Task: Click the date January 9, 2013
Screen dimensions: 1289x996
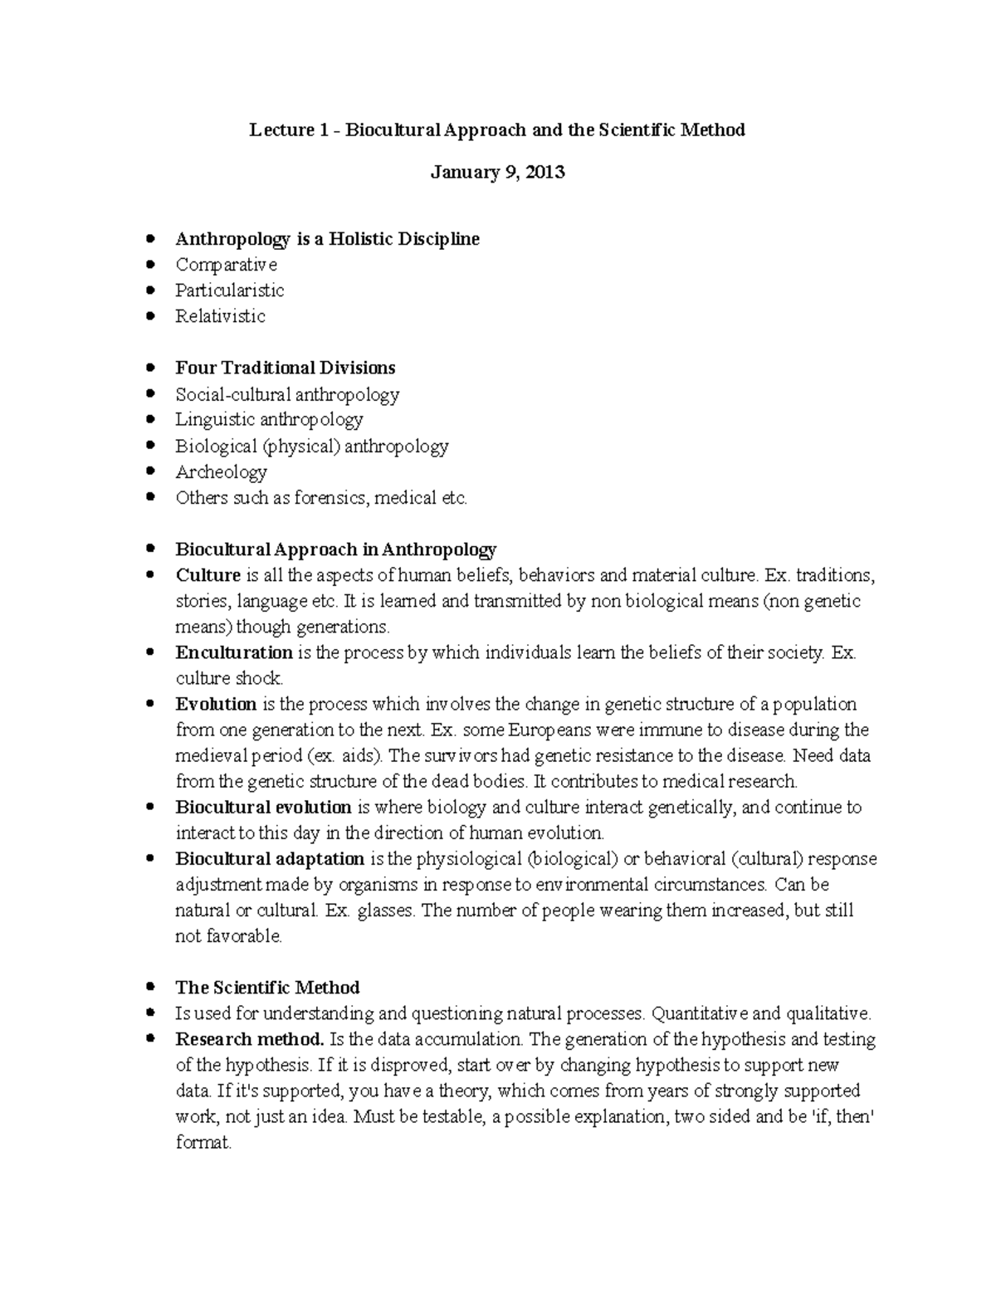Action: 498,173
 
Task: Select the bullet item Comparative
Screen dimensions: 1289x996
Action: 226,265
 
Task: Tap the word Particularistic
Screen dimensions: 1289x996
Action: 229,291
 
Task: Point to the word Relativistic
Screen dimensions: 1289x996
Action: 220,316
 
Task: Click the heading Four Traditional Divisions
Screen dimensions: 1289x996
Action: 285,368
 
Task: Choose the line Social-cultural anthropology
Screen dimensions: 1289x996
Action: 287,394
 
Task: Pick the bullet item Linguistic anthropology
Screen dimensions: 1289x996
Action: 269,420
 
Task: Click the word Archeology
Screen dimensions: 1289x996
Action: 221,472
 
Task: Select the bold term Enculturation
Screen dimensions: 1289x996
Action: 234,652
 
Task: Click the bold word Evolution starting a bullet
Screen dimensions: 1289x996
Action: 216,704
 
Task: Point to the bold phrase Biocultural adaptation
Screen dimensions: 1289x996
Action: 270,858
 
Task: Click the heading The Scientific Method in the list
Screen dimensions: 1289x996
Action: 267,988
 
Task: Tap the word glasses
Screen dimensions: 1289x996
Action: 384,911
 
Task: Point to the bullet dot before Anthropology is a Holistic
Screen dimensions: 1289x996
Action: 149,239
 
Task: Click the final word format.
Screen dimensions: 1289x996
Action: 203,1143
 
